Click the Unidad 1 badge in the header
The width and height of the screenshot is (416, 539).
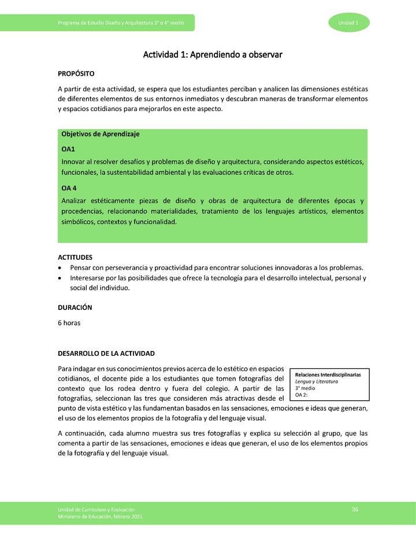coord(349,23)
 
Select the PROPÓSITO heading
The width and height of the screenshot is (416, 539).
coord(76,74)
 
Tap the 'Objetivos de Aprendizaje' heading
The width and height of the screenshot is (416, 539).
coord(100,134)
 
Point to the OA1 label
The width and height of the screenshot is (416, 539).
coord(68,149)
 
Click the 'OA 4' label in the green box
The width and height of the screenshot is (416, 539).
coord(69,188)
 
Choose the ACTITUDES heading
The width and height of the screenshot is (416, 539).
coord(75,257)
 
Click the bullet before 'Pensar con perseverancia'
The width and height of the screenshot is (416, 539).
coord(61,268)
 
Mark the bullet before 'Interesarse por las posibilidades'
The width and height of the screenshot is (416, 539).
coord(61,278)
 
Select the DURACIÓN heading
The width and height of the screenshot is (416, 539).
coord(75,308)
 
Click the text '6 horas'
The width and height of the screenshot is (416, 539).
coord(69,323)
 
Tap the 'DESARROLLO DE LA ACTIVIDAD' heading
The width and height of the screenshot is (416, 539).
coord(106,353)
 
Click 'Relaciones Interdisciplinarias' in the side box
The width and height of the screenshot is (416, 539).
coord(328,375)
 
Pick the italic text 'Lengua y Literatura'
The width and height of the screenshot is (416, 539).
coord(316,382)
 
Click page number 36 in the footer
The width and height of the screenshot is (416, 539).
coord(355,508)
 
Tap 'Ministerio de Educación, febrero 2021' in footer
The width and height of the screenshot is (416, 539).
coord(100,516)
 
